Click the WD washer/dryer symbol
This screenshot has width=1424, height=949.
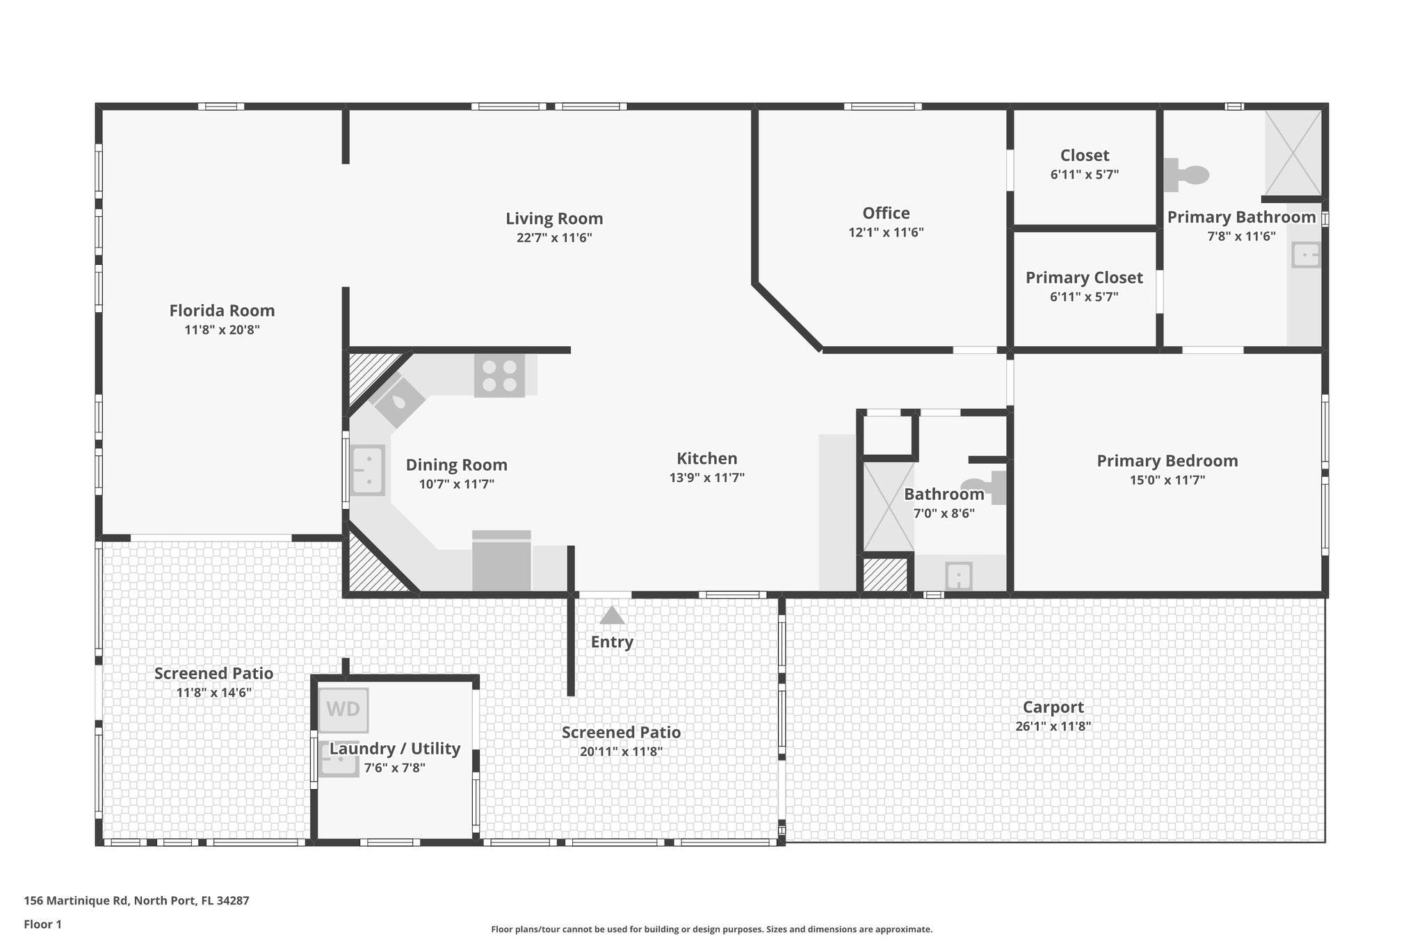pos(343,710)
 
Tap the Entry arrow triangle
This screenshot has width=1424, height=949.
pos(612,616)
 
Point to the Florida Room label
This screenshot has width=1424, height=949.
pos(222,311)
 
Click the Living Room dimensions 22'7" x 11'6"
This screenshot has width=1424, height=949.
pos(554,238)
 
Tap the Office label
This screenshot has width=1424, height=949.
pos(886,213)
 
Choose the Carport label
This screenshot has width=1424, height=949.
pos(1053,708)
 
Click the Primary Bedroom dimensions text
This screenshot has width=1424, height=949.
pos(1167,480)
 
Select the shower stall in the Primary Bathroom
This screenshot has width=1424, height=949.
pos(1293,153)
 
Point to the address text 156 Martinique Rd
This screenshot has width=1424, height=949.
pos(136,901)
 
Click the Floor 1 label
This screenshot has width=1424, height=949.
pos(42,925)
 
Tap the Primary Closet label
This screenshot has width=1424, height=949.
pos(1084,278)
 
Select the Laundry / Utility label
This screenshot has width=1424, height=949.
pos(395,749)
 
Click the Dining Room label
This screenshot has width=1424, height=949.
pos(456,465)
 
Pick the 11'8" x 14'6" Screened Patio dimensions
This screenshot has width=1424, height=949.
pos(213,693)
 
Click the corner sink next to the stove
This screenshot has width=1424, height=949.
pos(399,403)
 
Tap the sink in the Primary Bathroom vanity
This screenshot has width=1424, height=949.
pos(1305,255)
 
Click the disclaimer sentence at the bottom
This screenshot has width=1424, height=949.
pos(711,930)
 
